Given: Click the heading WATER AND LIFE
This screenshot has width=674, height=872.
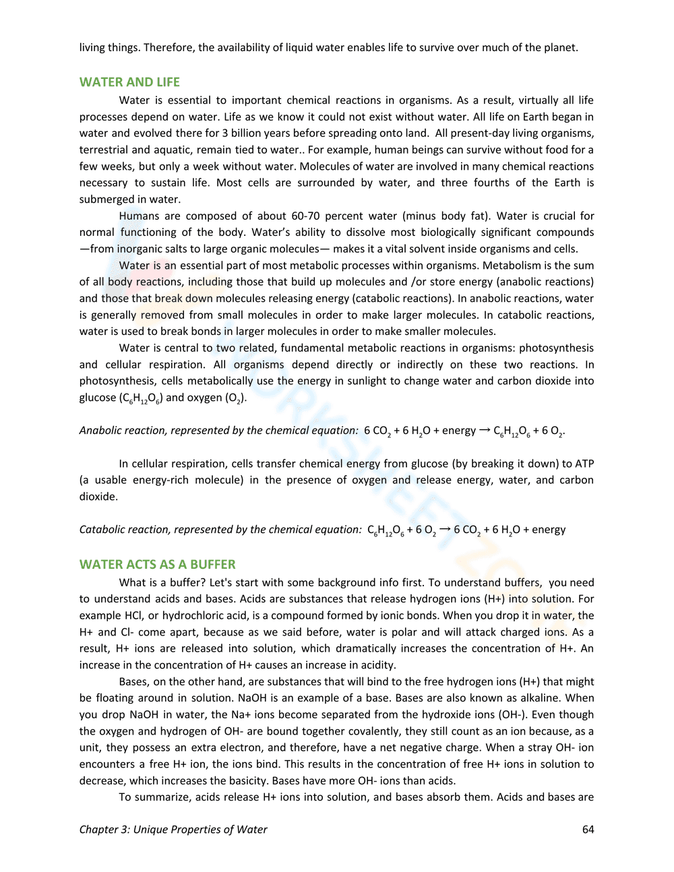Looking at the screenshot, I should pos(129,82).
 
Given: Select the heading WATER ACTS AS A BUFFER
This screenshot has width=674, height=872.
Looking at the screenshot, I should pos(157,565).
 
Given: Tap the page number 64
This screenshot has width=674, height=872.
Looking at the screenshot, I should pos(588,830).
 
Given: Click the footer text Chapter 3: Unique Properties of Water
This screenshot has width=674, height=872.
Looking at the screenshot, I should pos(173,830).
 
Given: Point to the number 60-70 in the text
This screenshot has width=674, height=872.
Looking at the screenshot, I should pos(305,216).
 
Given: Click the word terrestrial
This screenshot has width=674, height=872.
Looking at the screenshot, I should pos(104,150).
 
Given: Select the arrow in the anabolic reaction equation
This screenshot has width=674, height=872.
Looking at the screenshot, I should pos(485,431).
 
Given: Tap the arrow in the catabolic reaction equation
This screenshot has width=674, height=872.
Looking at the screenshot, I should pos(445,530).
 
